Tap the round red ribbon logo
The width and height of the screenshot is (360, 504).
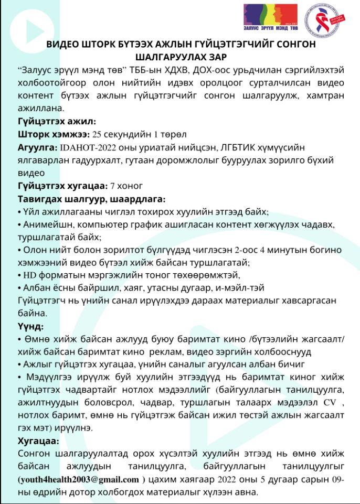coord(322,18)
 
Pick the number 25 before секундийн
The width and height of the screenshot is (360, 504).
coord(98,134)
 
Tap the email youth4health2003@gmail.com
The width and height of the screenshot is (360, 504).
coord(79,479)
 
